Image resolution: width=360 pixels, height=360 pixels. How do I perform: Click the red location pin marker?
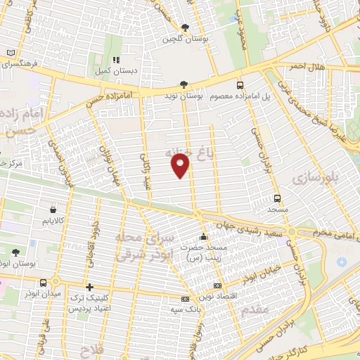pos(181,167)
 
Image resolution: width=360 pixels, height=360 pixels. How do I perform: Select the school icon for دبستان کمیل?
pos(117,60)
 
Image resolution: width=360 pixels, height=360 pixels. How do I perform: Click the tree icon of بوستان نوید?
pos(184,83)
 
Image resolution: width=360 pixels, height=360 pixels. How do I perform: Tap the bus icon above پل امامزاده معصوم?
pos(239,83)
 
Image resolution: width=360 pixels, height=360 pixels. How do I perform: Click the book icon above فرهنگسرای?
pos(10,53)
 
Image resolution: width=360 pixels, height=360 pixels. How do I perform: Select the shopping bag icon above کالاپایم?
pos(54,209)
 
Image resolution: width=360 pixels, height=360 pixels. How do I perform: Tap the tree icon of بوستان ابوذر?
pos(16,252)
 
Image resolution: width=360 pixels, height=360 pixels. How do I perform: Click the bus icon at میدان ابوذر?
pos(44,283)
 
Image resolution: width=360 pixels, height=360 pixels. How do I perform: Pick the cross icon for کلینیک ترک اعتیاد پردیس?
pos(89,287)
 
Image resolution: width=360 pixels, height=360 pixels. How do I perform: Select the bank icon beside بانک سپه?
pos(185,299)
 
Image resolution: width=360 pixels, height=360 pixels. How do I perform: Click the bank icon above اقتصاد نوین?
pos(217,286)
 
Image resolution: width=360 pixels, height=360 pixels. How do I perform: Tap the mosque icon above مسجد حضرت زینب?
pos(204,236)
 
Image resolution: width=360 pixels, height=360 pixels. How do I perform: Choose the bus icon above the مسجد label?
pos(277,198)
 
